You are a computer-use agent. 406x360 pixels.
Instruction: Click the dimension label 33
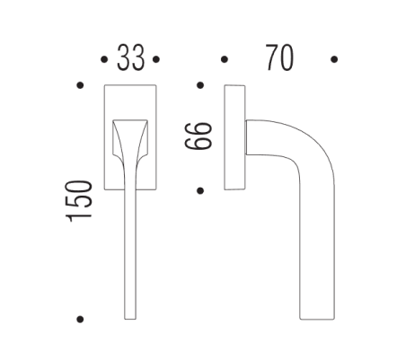point(131,59)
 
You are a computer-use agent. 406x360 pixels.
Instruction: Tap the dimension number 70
point(279,58)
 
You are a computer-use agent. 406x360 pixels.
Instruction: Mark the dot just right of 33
point(156,60)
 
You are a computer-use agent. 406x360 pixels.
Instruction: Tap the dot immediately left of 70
point(225,60)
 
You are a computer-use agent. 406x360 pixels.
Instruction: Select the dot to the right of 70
point(333,60)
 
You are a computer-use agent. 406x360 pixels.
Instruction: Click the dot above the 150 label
point(81,86)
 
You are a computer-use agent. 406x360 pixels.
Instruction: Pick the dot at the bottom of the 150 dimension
point(81,319)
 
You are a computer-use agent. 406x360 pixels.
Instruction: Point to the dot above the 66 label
point(199,86)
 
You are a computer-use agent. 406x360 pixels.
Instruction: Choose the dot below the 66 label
point(199,189)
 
